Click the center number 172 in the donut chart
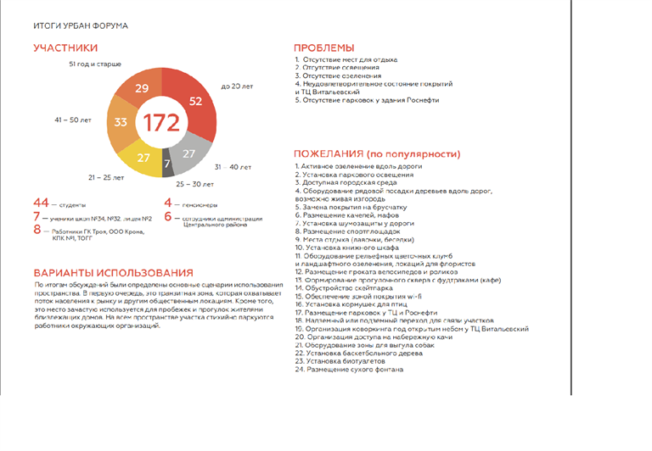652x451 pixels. (160, 123)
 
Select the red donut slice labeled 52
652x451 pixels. (195, 101)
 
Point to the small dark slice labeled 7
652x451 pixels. (167, 163)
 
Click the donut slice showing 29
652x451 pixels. (142, 89)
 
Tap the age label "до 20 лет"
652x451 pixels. (238, 86)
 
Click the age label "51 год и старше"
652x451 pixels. (94, 64)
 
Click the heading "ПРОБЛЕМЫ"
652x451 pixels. (323, 47)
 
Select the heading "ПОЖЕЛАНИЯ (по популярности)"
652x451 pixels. (377, 154)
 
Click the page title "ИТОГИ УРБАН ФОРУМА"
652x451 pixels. (81, 25)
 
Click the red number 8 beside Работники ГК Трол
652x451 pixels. (37, 229)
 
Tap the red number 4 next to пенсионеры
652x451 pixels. (168, 203)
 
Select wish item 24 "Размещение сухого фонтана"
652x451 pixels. (349, 370)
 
